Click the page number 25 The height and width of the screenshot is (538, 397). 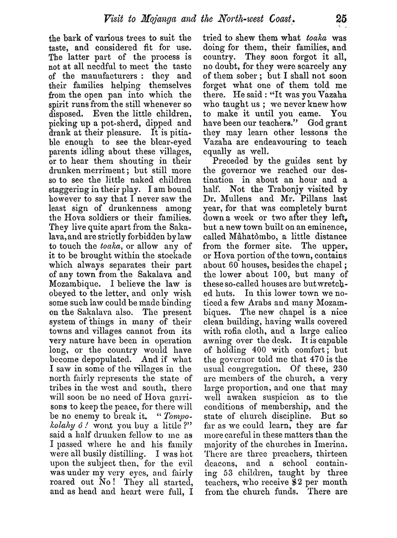point(340,19)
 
